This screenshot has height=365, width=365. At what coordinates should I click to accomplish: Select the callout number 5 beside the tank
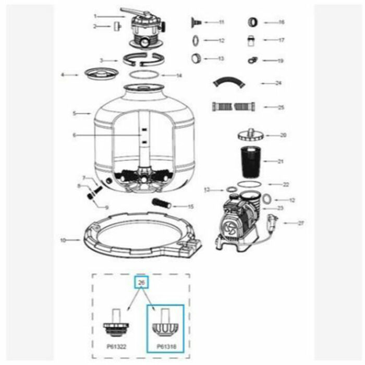click(74, 113)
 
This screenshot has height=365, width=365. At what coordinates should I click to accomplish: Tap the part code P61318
click(165, 345)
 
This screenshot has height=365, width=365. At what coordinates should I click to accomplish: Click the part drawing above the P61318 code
click(164, 323)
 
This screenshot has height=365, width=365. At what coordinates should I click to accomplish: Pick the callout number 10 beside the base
click(63, 240)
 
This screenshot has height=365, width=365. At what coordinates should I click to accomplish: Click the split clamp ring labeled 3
click(142, 59)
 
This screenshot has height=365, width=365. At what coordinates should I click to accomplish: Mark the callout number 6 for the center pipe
click(74, 135)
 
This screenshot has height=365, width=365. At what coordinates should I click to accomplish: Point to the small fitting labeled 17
click(253, 40)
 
